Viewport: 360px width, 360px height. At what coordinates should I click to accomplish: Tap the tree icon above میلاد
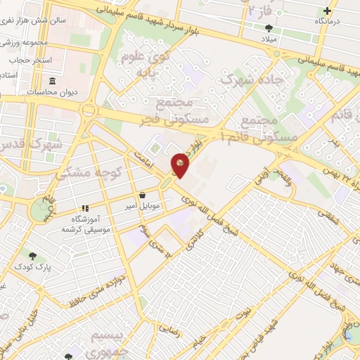pyautogui.click(x=270, y=28)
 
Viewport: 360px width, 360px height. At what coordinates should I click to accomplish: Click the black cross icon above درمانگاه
pyautogui.click(x=327, y=11)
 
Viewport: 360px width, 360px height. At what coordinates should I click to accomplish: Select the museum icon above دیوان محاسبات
pyautogui.click(x=51, y=81)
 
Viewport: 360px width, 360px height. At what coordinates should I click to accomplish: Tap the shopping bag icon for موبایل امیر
pyautogui.click(x=143, y=195)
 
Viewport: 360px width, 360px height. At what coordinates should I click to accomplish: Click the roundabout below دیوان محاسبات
pyautogui.click(x=88, y=110)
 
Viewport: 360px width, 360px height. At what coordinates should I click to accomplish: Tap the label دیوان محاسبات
pyautogui.click(x=52, y=92)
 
